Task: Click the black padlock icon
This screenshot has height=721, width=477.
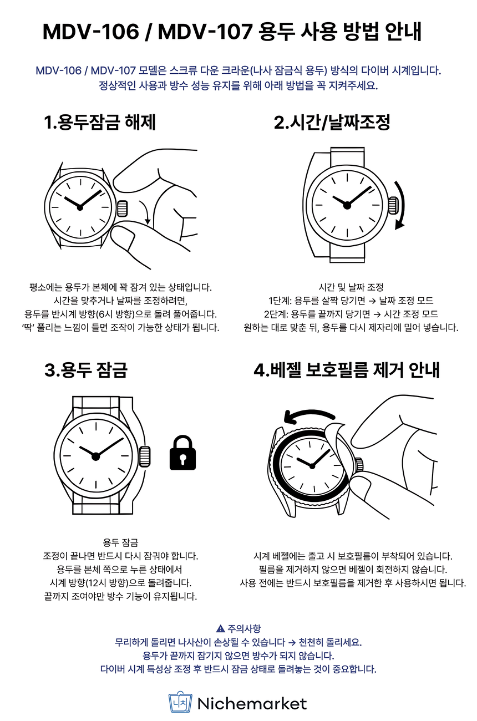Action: (x=182, y=453)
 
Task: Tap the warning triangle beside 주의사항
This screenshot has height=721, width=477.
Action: (x=221, y=628)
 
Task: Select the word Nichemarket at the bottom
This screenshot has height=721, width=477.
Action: (x=252, y=704)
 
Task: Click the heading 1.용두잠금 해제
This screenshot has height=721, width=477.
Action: (x=100, y=123)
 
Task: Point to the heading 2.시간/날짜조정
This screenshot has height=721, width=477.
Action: (x=332, y=123)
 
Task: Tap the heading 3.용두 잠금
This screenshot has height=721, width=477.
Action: (x=86, y=370)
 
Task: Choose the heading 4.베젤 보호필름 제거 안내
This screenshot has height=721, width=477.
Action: (x=347, y=370)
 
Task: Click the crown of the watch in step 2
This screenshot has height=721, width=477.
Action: (x=393, y=205)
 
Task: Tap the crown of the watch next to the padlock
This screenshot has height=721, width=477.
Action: (x=145, y=456)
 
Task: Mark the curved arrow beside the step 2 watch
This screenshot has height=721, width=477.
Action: (x=402, y=205)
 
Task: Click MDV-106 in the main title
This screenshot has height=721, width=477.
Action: (x=91, y=32)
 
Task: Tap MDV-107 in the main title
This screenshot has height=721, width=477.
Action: (x=205, y=32)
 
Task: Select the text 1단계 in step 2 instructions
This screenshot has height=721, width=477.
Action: (x=280, y=301)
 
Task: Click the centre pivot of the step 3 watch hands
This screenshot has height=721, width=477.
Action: (x=95, y=456)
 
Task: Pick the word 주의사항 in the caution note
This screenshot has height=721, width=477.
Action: (x=244, y=628)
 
